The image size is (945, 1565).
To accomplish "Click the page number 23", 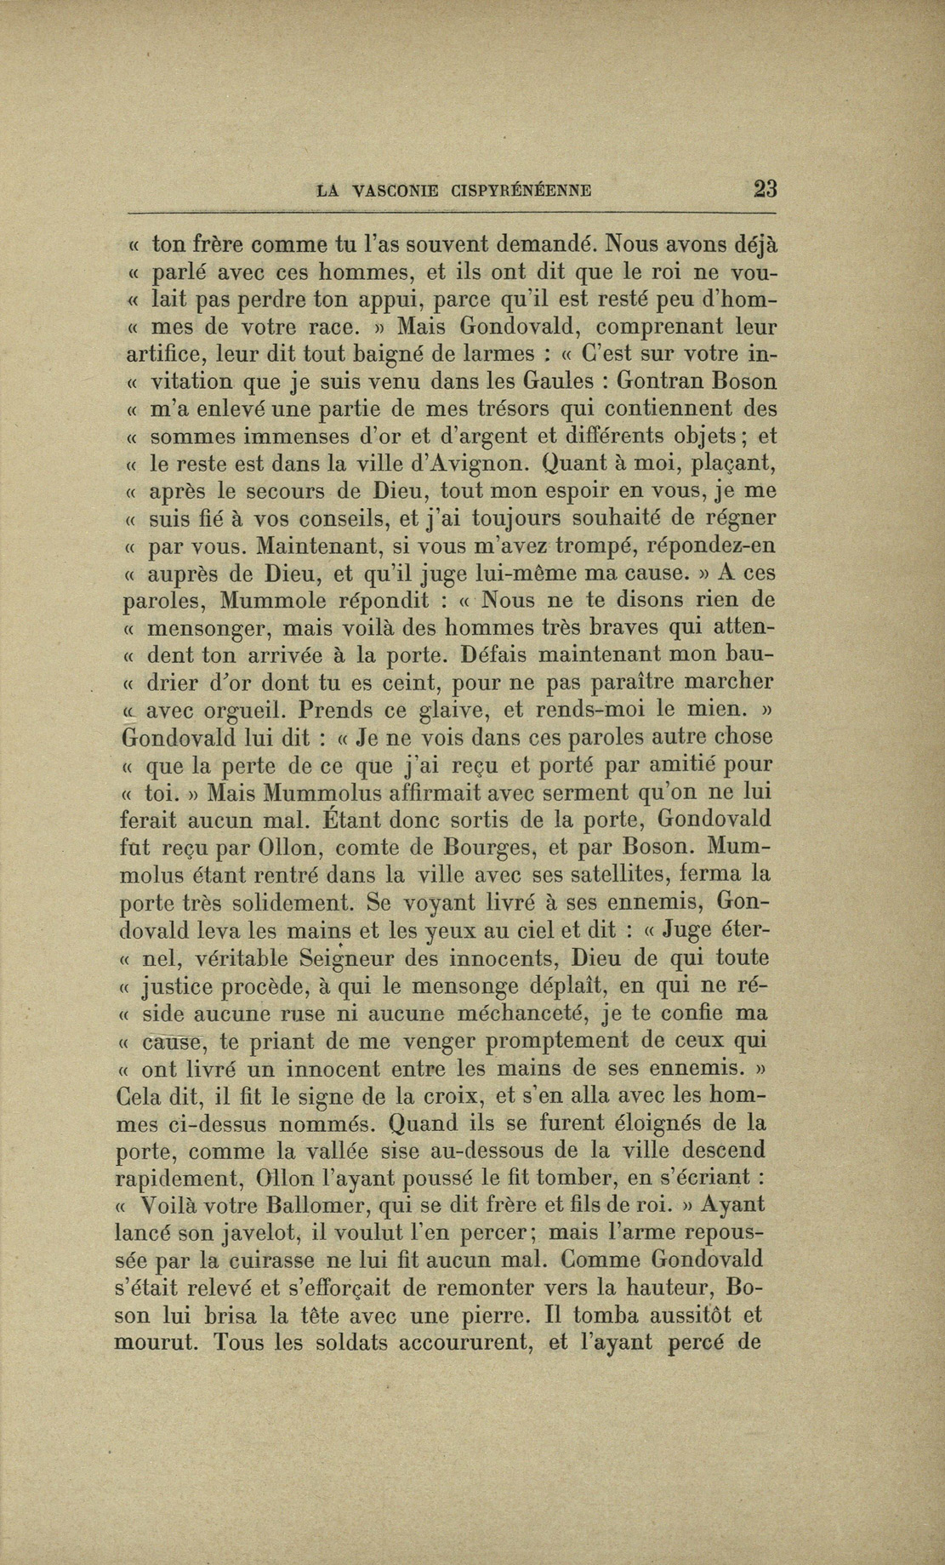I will [x=765, y=188].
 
